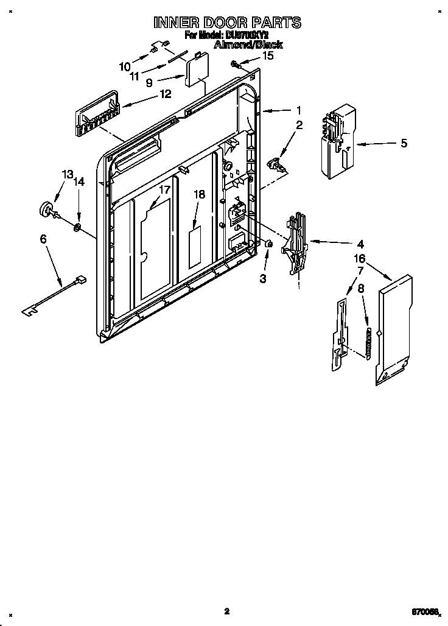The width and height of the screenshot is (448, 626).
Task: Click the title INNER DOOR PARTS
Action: pyautogui.click(x=226, y=23)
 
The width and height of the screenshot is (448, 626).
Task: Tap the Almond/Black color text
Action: pyautogui.click(x=248, y=45)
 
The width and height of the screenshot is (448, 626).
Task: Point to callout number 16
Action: pyautogui.click(x=360, y=258)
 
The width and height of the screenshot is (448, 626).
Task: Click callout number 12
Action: pyautogui.click(x=165, y=94)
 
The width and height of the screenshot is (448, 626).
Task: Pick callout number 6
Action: pyautogui.click(x=43, y=239)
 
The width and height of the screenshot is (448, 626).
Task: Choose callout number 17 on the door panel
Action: pyautogui.click(x=164, y=189)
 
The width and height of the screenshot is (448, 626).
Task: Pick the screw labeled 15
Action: pyautogui.click(x=234, y=63)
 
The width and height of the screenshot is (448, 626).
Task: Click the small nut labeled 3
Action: pyautogui.click(x=268, y=244)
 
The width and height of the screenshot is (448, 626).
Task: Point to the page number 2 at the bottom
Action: pyautogui.click(x=226, y=611)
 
